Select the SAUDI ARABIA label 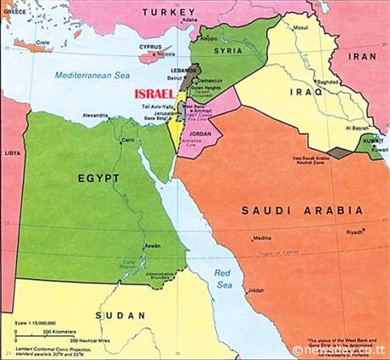(x=302, y=210)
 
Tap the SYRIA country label (x=228, y=50)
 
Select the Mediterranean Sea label (x=90, y=75)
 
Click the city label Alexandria (x=94, y=114)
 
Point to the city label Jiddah (x=255, y=291)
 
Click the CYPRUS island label (x=149, y=47)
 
